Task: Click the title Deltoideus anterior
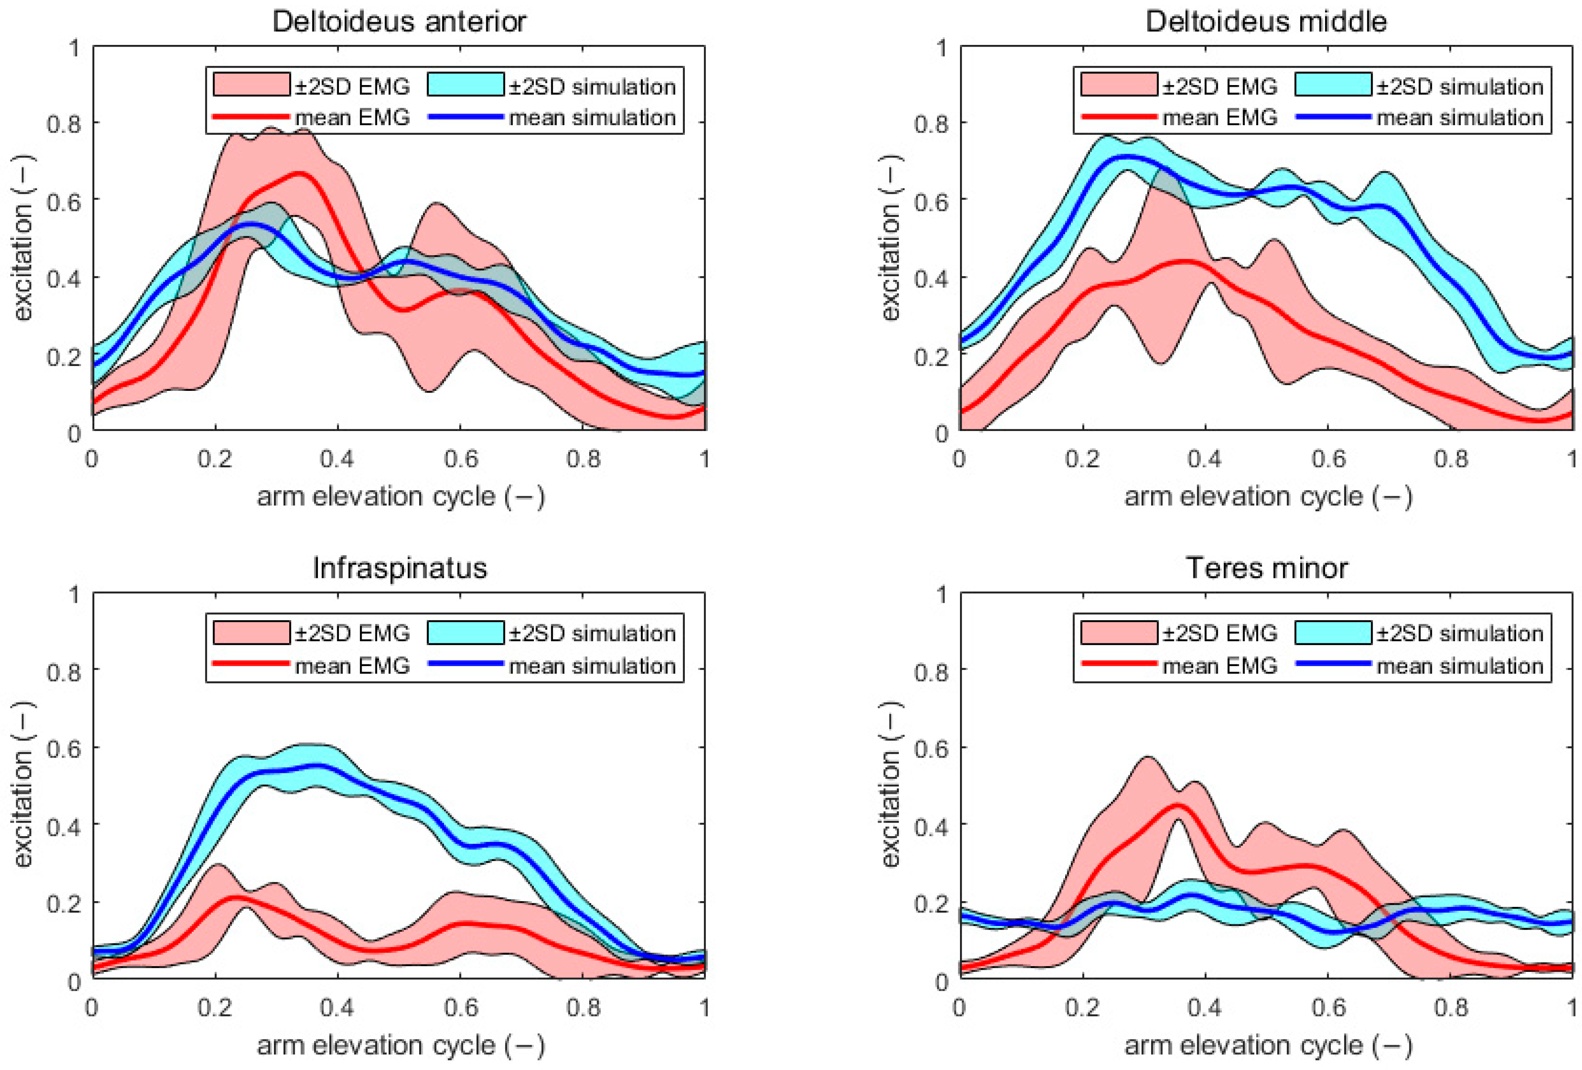coord(399,22)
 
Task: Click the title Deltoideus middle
coord(1266,22)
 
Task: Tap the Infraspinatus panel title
coord(400,568)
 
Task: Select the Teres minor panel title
coord(1266,568)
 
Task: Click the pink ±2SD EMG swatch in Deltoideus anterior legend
coord(251,84)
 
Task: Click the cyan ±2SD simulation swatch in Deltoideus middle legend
coord(1333,84)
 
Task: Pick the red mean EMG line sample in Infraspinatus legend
coord(251,663)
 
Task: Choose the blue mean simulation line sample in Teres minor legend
coord(1333,663)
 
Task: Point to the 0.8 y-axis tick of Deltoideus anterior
coord(63,124)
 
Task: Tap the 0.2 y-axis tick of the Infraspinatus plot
coord(63,903)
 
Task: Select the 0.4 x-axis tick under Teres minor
coord(1204,1007)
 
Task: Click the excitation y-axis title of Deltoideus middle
coord(890,238)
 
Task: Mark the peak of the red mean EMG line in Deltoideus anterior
coord(300,174)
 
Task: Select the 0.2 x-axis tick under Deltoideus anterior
coord(215,459)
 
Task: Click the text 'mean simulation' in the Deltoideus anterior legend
coord(592,118)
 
